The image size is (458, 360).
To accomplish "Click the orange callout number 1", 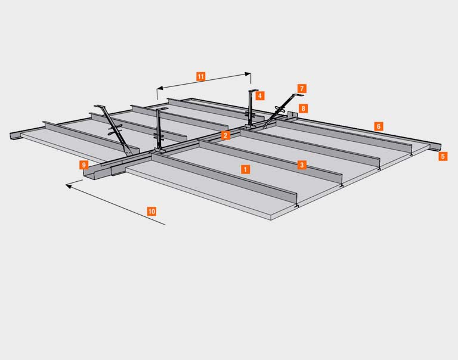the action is (245, 169).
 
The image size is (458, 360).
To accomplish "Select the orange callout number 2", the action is (225, 135).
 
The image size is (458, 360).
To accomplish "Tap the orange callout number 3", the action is (302, 165).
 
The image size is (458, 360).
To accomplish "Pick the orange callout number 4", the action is (259, 95).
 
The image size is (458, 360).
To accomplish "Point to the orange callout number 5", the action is (443, 156).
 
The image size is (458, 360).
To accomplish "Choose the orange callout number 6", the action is (379, 126).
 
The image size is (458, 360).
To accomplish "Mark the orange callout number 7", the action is (302, 88).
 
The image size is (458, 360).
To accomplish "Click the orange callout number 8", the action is (303, 108).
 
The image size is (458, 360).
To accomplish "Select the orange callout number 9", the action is (84, 165).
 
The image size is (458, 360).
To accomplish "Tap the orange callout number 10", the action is (151, 211).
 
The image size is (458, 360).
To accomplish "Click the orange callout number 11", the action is (200, 76).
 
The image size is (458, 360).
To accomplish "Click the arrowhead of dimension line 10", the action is (69, 186).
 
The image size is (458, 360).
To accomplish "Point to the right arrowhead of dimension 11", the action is (248, 74).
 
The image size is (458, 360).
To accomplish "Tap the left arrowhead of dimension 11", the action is (159, 88).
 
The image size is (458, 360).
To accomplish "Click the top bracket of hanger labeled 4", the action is (253, 90).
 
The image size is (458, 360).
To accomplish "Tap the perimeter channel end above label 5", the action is (436, 147).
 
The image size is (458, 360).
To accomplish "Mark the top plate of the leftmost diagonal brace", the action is (100, 106).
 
